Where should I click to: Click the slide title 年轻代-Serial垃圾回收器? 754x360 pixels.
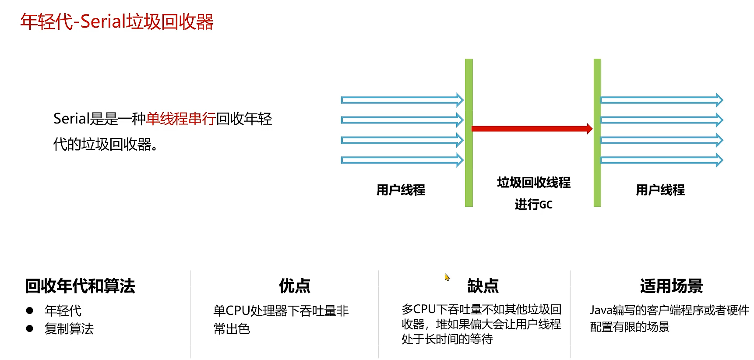(117, 22)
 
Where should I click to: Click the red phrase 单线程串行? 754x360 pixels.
(180, 119)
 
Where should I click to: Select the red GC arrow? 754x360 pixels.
(532, 129)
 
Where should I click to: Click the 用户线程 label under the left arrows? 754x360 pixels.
(401, 190)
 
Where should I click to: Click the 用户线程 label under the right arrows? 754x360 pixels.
(660, 190)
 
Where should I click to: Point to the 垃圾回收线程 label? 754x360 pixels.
(534, 183)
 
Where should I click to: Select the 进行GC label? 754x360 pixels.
(534, 205)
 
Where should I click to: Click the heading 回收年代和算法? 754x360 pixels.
(80, 286)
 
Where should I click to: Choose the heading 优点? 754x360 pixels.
(295, 286)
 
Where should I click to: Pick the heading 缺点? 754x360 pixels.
(483, 286)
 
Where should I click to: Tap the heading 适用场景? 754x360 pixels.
(671, 286)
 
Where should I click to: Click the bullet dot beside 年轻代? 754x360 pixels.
(30, 311)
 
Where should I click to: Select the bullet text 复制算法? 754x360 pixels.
(69, 329)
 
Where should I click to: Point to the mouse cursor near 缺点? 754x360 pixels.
(446, 277)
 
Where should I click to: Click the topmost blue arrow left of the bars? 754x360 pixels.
(402, 100)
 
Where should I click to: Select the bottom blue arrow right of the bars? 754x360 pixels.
(662, 160)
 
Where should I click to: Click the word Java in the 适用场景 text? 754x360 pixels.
(601, 311)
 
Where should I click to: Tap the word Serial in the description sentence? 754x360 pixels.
(71, 119)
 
